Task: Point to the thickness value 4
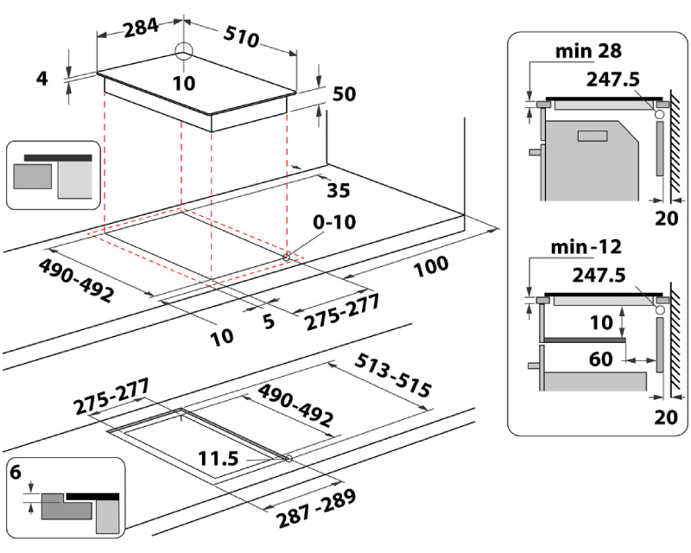(x=41, y=79)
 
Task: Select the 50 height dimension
(x=345, y=94)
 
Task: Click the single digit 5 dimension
(x=268, y=321)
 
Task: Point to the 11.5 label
(x=217, y=459)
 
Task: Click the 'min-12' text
(x=586, y=248)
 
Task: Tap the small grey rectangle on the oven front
(x=593, y=135)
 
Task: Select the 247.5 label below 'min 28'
(x=612, y=79)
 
